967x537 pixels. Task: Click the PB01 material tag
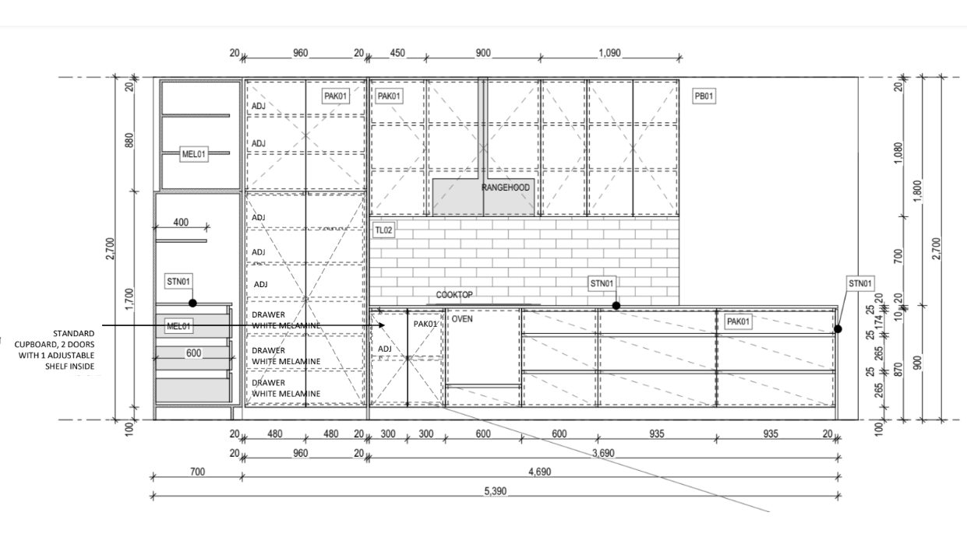[704, 96]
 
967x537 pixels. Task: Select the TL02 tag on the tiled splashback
[383, 230]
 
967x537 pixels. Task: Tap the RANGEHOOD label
[505, 188]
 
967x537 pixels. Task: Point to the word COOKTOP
[454, 295]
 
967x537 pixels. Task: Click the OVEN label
[462, 318]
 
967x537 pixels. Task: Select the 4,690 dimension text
[536, 472]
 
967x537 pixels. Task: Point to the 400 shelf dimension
[181, 223]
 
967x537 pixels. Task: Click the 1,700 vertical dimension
[130, 299]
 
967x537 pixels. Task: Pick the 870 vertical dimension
[898, 369]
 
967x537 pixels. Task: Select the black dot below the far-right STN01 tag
[838, 328]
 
